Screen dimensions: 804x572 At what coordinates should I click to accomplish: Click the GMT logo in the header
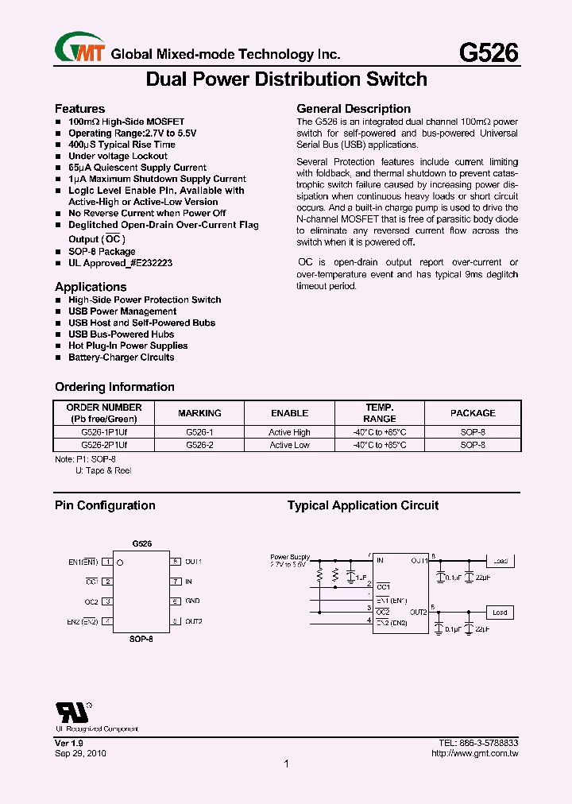coord(80,50)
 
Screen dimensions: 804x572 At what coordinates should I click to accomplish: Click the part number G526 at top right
coord(489,52)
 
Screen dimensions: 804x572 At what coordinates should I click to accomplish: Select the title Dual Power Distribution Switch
coord(287,79)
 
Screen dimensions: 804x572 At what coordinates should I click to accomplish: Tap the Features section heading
coord(79,109)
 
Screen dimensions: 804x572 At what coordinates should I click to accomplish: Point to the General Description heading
coord(354,109)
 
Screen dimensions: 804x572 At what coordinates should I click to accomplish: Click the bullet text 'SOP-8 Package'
coord(102,251)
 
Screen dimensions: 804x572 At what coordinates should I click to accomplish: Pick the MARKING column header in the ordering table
coord(199,413)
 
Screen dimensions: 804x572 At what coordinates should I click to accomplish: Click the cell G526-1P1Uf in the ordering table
coord(104,432)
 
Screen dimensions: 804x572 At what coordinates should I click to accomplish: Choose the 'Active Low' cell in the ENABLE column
coord(289,445)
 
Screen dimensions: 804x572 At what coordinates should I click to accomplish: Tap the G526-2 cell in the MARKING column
coord(199,445)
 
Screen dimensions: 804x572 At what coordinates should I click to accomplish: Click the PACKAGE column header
coord(473,413)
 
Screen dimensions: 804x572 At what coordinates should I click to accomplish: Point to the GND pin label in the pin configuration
coord(192,601)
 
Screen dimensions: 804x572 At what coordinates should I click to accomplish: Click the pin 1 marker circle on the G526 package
coord(120,562)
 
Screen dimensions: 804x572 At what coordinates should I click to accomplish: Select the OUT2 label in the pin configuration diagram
coord(194,621)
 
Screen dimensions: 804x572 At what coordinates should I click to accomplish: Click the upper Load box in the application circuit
coord(500,561)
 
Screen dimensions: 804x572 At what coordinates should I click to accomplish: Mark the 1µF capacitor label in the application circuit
coord(361,578)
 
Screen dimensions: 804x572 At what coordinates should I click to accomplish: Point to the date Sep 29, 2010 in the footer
coord(80,752)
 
